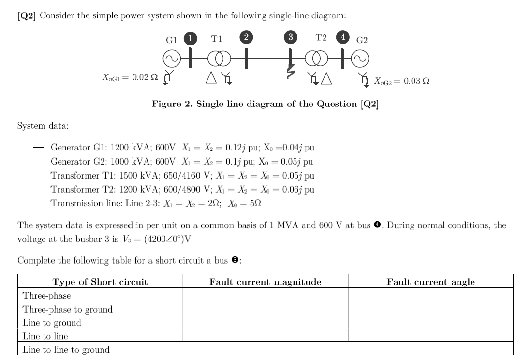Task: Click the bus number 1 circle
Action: tap(192, 38)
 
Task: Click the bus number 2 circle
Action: tap(247, 38)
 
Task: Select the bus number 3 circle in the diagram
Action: tap(290, 38)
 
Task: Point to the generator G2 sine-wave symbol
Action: tap(358, 59)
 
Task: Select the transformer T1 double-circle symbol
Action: tap(217, 59)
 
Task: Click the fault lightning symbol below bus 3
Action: tap(291, 73)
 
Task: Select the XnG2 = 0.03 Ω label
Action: tap(401, 81)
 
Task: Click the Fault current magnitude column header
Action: tap(265, 282)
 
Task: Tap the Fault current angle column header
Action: tap(430, 282)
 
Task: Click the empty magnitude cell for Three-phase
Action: tap(265, 296)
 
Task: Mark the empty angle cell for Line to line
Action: tap(430, 336)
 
